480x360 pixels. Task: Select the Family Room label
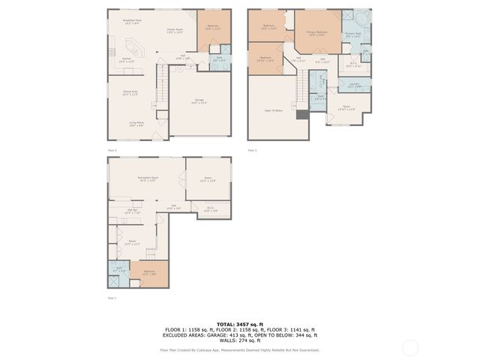pyautogui.click(x=175, y=31)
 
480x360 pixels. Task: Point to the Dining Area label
pyautogui.click(x=130, y=93)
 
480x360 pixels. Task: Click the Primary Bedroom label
pyautogui.click(x=316, y=34)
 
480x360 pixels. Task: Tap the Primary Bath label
pyautogui.click(x=353, y=34)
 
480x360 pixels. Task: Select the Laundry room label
pyautogui.click(x=354, y=85)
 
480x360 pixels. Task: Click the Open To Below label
pyautogui.click(x=273, y=110)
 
